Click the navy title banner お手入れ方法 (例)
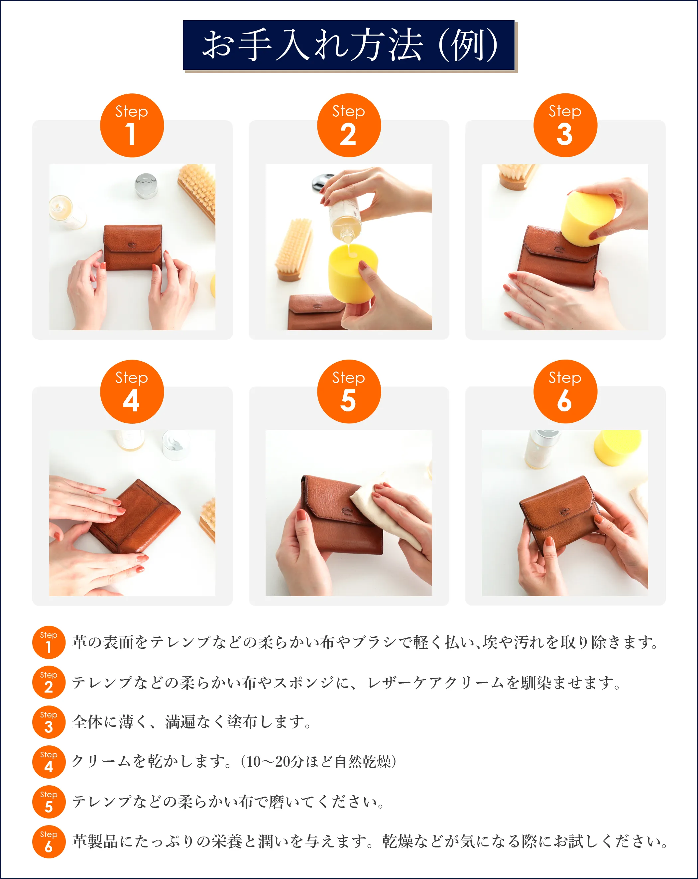(349, 45)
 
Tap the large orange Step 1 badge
(132, 125)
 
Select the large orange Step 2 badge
(349, 125)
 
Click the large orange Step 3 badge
(565, 125)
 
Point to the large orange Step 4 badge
(132, 391)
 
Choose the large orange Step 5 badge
(349, 391)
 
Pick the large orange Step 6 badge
(565, 391)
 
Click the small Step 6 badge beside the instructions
(49, 842)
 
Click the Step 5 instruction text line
(228, 802)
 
